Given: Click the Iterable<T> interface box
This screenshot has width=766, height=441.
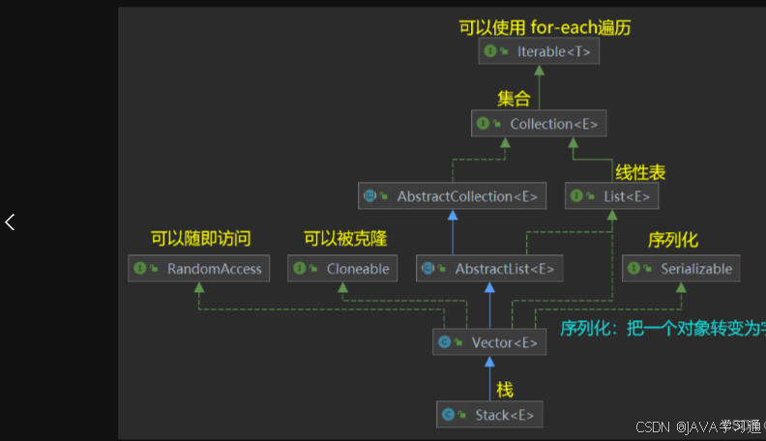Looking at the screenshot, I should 538,51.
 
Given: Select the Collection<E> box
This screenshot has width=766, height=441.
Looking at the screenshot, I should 539,124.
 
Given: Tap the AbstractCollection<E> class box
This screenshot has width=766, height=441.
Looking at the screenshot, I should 452,196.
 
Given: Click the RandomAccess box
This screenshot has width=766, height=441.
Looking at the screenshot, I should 198,269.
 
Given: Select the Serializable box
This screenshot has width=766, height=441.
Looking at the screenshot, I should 681,269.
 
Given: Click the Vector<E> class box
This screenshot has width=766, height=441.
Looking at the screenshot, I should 488,342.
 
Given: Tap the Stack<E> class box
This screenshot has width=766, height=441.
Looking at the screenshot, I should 488,415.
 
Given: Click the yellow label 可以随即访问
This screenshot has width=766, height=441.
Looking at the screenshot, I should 200,239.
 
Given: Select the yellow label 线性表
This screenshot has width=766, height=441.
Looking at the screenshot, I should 640,173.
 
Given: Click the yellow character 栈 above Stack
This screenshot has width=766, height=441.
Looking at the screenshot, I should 505,390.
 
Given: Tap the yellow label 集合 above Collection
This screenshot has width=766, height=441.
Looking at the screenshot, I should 514,99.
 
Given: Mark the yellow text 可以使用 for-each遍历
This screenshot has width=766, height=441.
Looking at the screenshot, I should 544,27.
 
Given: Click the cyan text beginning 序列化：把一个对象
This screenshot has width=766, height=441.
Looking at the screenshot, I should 663,327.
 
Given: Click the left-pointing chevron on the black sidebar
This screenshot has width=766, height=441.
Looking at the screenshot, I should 10,221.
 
